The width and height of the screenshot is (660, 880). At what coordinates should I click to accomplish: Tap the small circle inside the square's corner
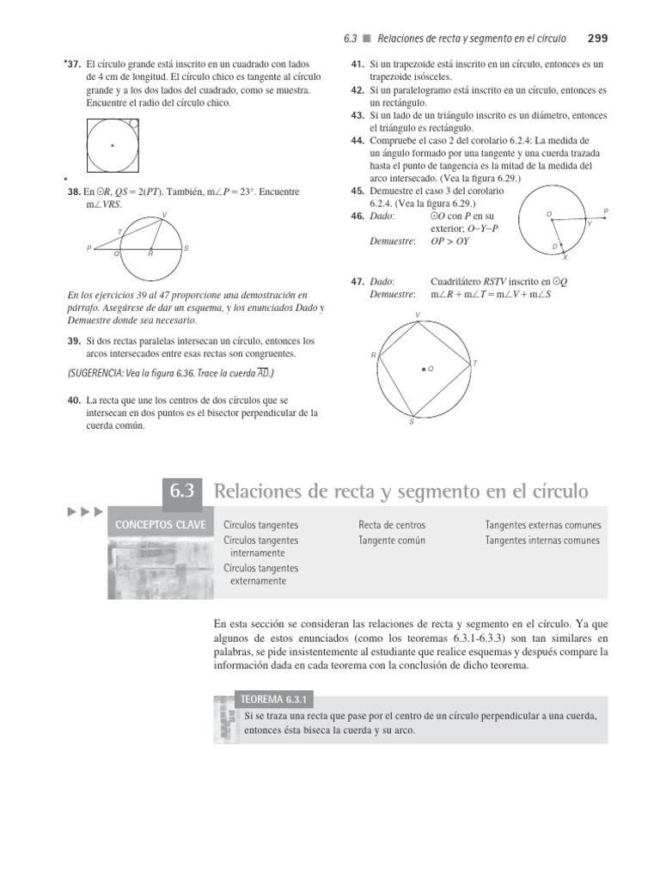pos(131,125)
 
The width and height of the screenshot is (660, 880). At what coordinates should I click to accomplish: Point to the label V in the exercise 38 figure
pos(164,214)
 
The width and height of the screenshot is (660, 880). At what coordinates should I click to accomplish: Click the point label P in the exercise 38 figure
pos(89,248)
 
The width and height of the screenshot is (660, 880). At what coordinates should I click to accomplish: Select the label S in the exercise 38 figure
pos(186,248)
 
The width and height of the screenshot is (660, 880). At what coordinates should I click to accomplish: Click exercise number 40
pos(74,400)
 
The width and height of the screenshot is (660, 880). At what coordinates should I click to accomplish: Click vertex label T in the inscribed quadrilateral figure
pos(475,364)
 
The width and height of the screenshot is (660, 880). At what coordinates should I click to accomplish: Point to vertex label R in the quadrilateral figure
pos(373,354)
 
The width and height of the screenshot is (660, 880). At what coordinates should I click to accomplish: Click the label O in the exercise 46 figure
pos(548,213)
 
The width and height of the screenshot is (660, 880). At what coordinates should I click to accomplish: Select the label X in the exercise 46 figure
pos(565,257)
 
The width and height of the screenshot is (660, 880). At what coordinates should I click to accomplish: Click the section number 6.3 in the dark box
pos(181,492)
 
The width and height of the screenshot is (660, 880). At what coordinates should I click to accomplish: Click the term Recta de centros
pos(391,524)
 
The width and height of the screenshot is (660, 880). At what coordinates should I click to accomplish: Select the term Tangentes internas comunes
pos(542,541)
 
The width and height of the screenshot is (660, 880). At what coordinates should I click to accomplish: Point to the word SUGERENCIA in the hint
pos(99,372)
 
